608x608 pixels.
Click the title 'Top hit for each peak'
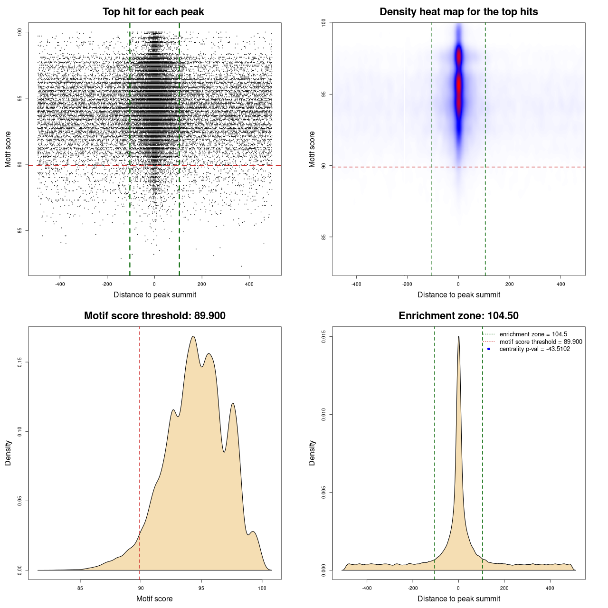(153, 12)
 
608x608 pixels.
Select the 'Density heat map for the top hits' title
(458, 12)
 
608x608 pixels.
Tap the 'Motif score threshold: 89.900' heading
(154, 316)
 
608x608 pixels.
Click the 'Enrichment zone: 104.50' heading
(458, 316)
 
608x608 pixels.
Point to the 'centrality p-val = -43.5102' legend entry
(534, 349)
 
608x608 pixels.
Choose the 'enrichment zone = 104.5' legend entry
(533, 334)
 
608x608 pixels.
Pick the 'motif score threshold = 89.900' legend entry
(541, 342)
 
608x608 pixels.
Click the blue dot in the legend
(489, 349)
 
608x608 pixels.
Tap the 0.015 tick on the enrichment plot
(324, 337)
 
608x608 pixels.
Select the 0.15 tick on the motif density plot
(20, 362)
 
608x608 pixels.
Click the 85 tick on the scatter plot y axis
(20, 231)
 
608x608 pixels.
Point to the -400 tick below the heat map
(356, 284)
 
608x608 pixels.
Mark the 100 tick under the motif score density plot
(262, 588)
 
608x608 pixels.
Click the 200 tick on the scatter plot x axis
(202, 284)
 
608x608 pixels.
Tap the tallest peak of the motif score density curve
(193, 337)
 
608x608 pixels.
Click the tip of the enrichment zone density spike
(458, 337)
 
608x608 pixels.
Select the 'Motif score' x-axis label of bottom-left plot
(154, 598)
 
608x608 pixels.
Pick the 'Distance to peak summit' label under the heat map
(458, 294)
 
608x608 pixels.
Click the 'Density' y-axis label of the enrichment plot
(312, 453)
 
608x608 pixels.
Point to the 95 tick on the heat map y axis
(324, 95)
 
